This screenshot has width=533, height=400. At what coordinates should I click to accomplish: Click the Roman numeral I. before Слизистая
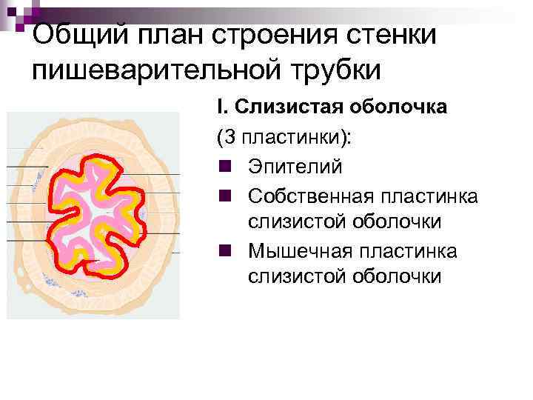click(x=222, y=107)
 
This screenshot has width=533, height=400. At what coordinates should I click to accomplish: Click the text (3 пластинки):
click(x=284, y=138)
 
